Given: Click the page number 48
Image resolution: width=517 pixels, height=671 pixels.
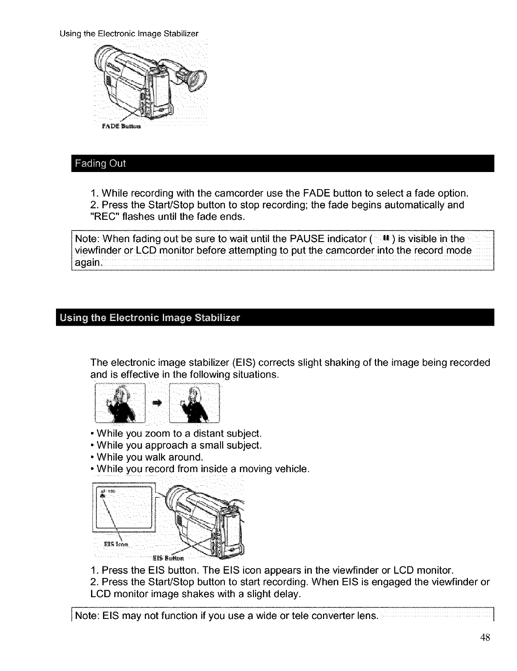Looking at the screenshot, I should [x=485, y=637].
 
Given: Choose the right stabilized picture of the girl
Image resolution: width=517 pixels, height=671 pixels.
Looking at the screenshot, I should [x=194, y=403].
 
